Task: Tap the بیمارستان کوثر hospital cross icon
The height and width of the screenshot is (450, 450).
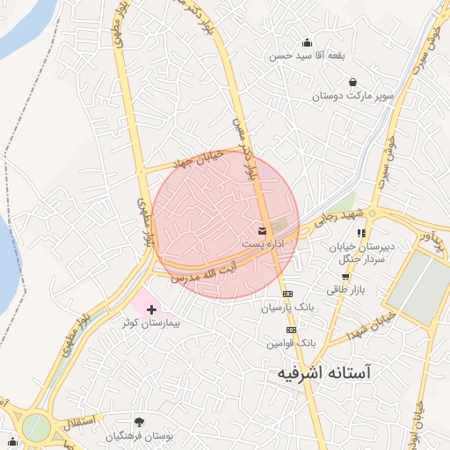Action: coord(152,309)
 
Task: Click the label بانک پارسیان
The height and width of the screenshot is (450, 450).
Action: coord(287,308)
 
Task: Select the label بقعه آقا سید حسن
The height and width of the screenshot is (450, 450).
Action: coord(308,54)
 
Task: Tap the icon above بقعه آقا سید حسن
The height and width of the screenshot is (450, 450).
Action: coord(307,41)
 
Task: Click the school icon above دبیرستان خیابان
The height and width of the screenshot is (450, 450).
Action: coord(361,232)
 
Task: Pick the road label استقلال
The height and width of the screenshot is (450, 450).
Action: coord(72,420)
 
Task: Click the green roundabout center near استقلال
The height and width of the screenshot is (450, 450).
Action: coord(35,428)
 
